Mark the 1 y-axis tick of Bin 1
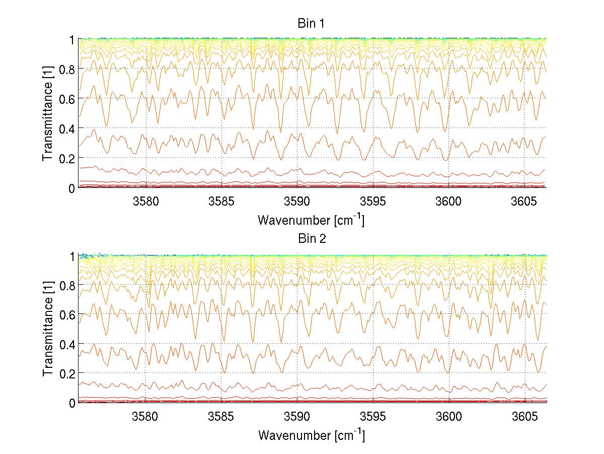tap(72, 39)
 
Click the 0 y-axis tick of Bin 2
tap(72, 403)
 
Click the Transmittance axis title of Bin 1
tap(48, 113)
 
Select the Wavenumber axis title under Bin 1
tap(311, 220)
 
